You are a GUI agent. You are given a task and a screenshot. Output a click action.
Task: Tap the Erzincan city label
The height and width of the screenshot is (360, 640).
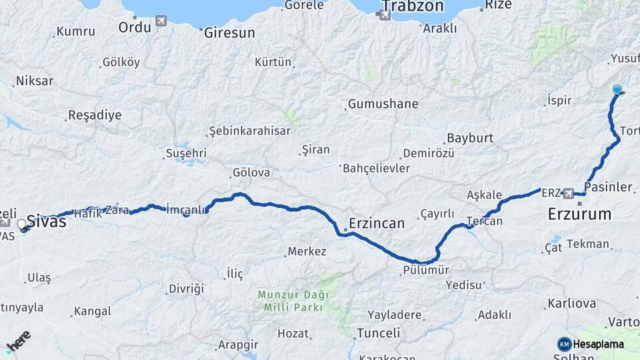click(x=377, y=223)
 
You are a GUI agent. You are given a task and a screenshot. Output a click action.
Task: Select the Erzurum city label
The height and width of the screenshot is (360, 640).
click(x=579, y=214)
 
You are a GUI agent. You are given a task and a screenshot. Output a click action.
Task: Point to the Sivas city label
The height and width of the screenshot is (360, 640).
click(x=46, y=221)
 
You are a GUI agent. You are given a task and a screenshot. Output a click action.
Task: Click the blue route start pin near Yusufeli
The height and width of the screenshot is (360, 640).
click(x=617, y=91)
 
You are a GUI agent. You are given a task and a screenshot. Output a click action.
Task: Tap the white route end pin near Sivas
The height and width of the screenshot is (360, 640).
click(x=22, y=225)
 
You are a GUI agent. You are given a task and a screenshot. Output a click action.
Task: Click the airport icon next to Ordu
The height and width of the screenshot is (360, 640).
click(x=161, y=21)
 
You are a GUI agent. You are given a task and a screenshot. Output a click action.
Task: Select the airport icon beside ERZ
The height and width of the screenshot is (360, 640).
click(x=569, y=193)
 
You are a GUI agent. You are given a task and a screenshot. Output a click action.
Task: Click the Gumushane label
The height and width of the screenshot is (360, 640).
click(x=383, y=104)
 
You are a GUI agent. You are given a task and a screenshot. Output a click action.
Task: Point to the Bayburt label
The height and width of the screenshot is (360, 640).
click(x=470, y=138)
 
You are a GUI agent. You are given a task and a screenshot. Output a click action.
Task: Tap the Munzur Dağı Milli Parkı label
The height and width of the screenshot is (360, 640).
click(x=293, y=301)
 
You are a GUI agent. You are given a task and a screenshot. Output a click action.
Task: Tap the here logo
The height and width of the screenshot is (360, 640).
click(x=18, y=341)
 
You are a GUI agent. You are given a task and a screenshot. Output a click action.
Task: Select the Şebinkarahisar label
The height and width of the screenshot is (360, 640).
click(x=249, y=131)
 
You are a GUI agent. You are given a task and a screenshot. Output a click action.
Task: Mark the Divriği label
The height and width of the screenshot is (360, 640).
click(x=186, y=288)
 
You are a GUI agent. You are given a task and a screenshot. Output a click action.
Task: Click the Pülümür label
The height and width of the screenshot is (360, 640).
click(x=427, y=270)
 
